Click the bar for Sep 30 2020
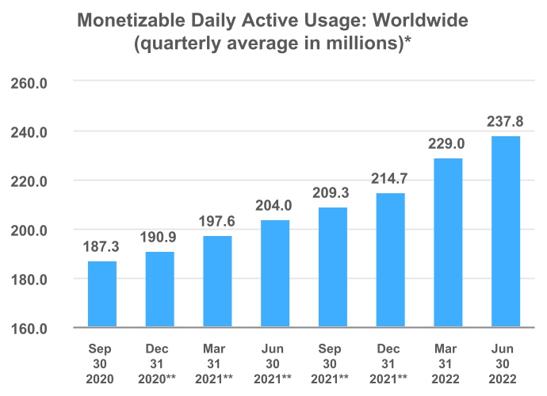click(x=102, y=295)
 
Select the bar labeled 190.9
click(x=159, y=290)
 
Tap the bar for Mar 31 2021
click(x=217, y=282)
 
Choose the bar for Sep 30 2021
click(x=332, y=268)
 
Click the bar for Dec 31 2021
click(x=389, y=261)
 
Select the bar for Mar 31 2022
click(x=447, y=243)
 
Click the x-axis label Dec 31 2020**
click(x=159, y=364)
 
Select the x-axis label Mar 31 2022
click(x=447, y=364)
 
